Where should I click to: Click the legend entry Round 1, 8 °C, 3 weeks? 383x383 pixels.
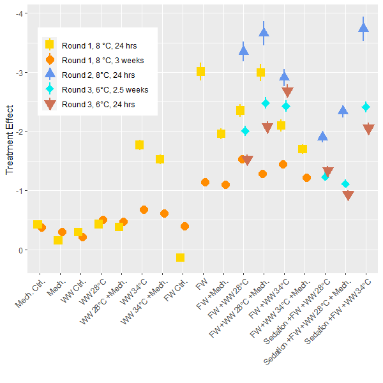[x=102, y=60]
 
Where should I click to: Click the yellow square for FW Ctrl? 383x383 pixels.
[x=181, y=257]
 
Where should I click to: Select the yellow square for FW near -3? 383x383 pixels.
[x=201, y=72]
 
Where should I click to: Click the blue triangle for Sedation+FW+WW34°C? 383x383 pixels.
[x=364, y=27]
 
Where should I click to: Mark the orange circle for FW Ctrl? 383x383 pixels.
[x=185, y=226]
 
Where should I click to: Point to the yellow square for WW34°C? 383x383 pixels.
[x=140, y=145]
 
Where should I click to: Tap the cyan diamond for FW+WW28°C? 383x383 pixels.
[x=245, y=131]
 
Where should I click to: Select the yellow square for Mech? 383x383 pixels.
[x=58, y=240]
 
